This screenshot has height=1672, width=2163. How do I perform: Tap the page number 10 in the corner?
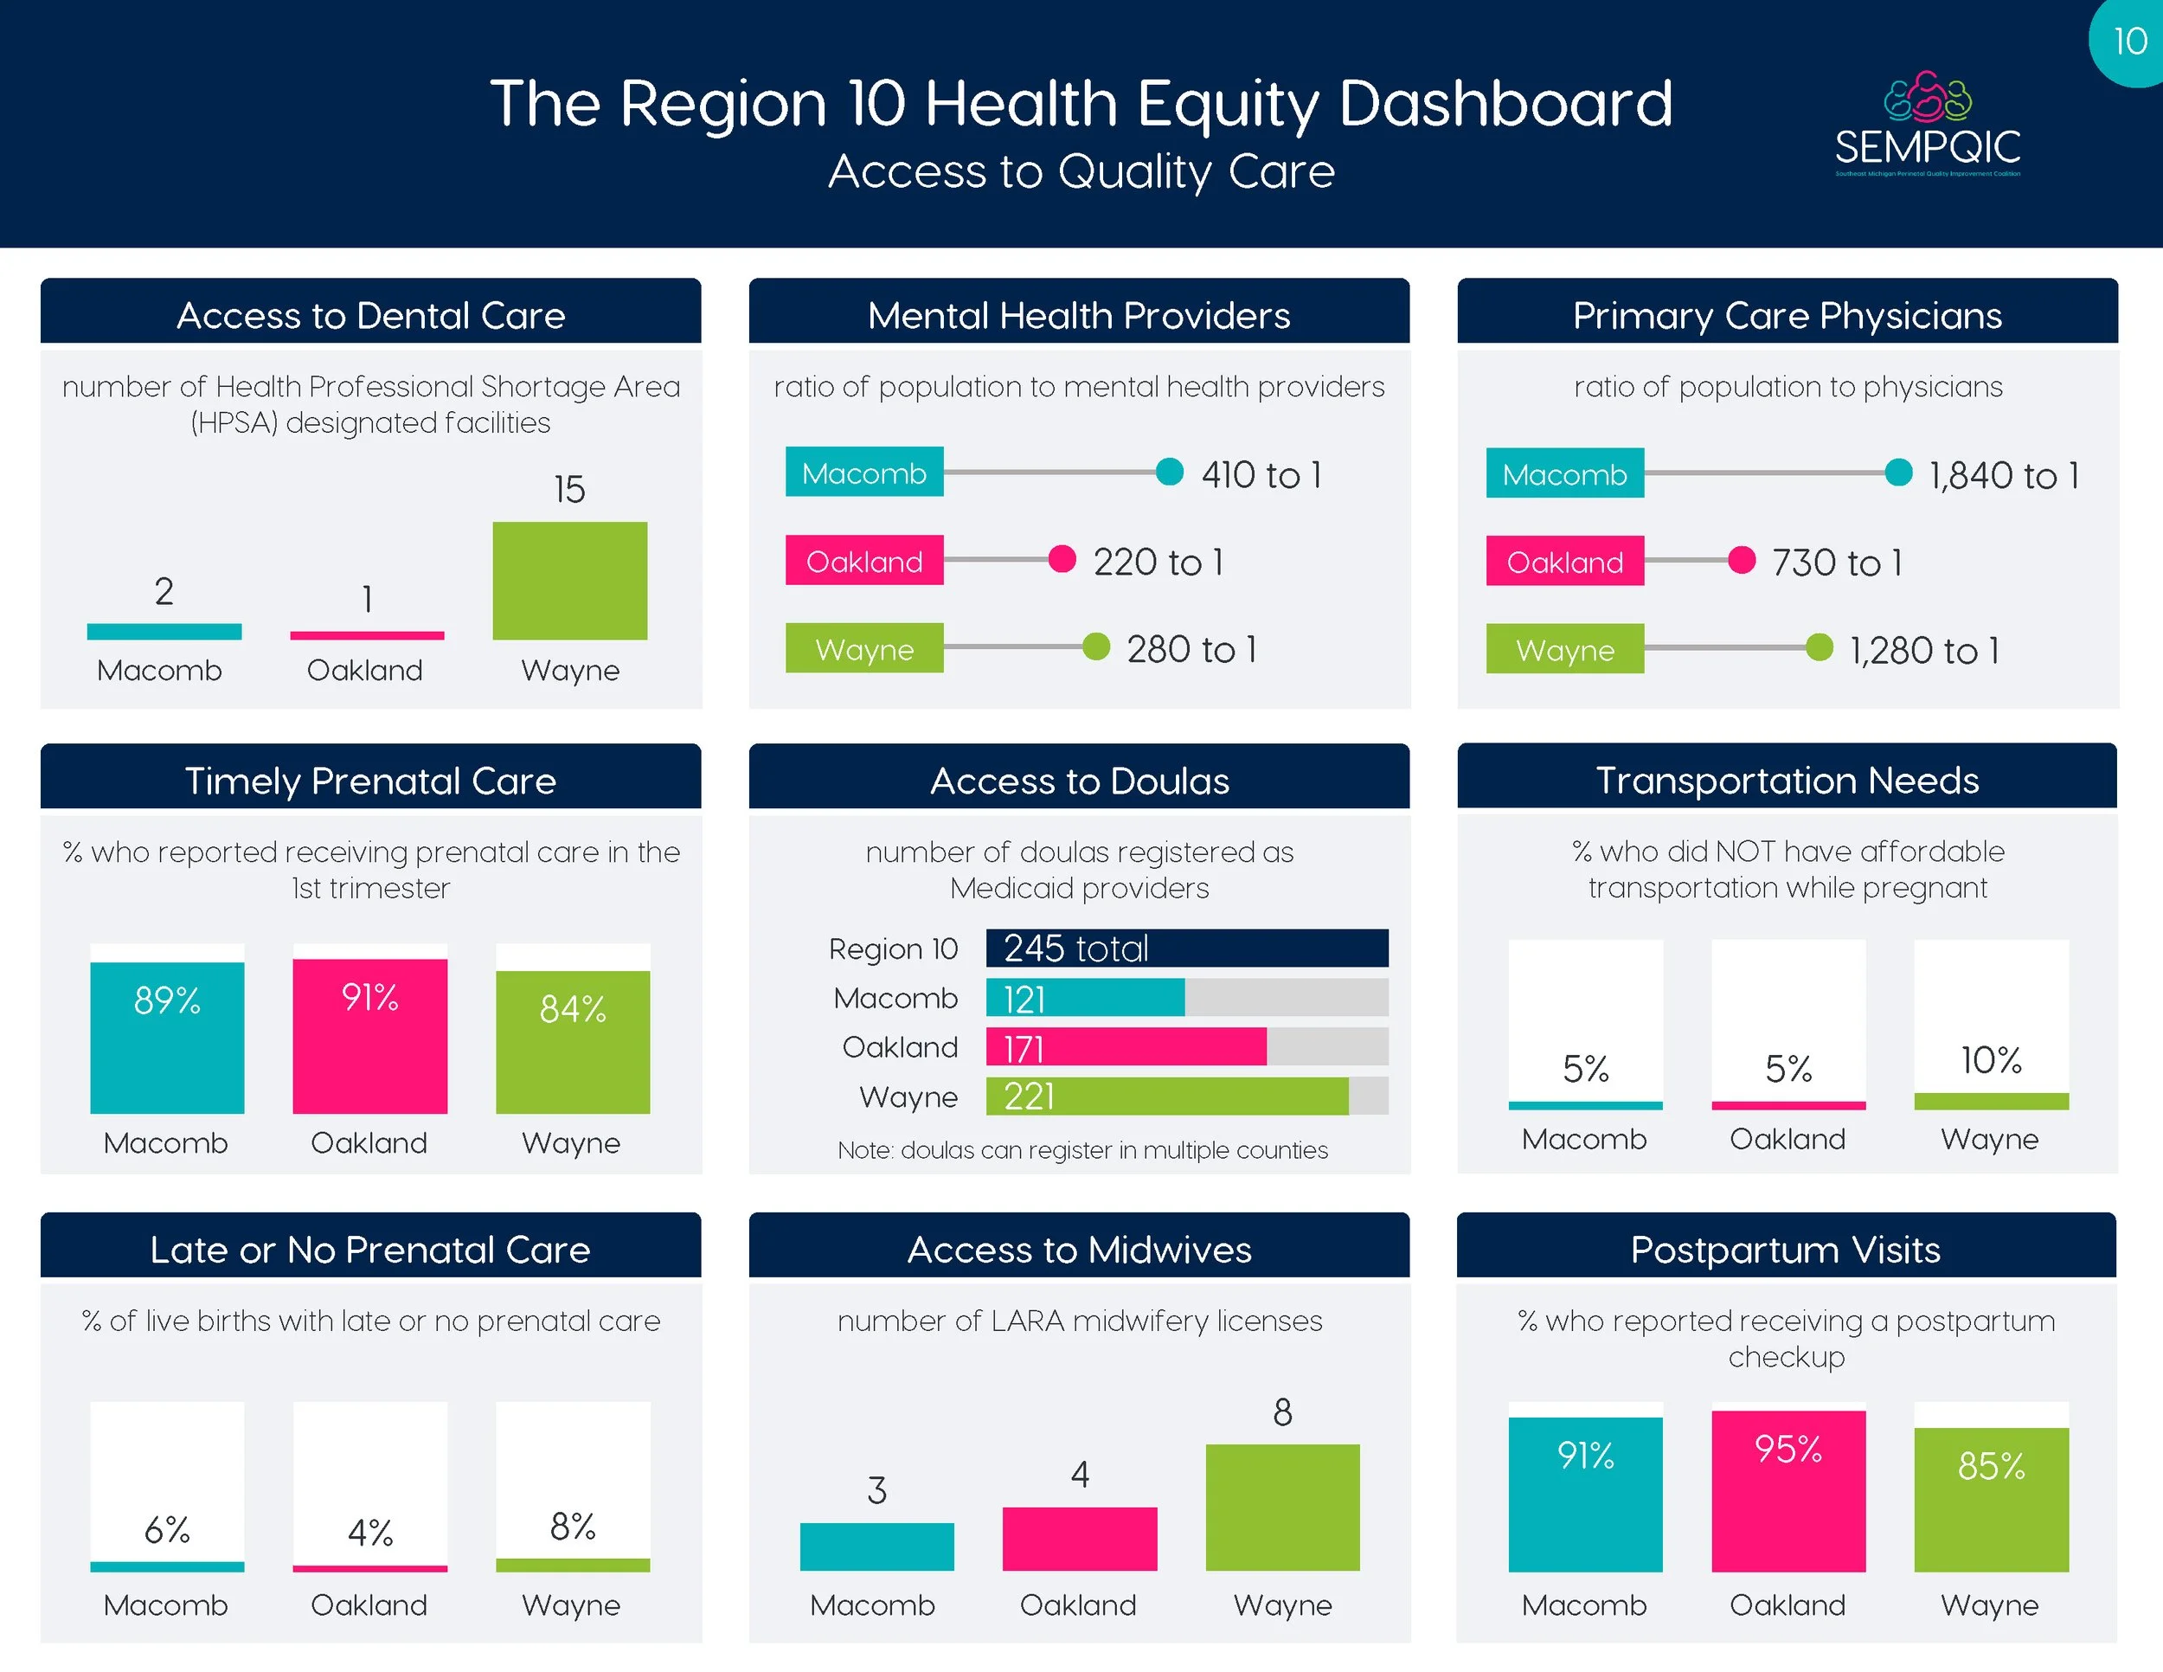point(2129,42)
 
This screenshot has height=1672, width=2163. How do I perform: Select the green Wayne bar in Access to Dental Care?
point(569,581)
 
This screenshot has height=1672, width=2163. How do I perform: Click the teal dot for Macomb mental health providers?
point(1170,472)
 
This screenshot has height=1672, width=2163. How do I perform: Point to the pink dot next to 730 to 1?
point(1741,561)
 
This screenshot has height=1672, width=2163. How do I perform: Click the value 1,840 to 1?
point(2003,475)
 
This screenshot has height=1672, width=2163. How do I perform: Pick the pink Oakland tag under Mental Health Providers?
point(863,561)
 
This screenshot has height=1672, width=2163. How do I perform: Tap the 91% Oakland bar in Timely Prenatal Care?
point(369,1035)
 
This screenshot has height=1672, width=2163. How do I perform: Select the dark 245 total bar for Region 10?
point(1186,948)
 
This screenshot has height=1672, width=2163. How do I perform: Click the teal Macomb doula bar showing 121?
point(1084,998)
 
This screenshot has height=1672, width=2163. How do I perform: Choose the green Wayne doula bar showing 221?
point(1166,1096)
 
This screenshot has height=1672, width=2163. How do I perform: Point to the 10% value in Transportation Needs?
point(1991,1061)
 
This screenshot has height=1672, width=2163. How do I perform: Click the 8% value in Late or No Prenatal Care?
point(573,1527)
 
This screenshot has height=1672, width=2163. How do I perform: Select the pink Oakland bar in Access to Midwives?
point(1080,1538)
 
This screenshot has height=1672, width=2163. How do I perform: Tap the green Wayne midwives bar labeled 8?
point(1282,1507)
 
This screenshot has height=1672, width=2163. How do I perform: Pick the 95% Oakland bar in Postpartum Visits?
point(1788,1491)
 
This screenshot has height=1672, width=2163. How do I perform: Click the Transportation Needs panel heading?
point(1787,781)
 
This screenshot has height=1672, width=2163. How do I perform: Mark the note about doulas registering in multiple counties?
point(1081,1150)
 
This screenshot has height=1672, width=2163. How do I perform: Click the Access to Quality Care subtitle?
point(1081,171)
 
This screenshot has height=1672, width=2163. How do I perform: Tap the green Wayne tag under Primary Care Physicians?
point(1565,649)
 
